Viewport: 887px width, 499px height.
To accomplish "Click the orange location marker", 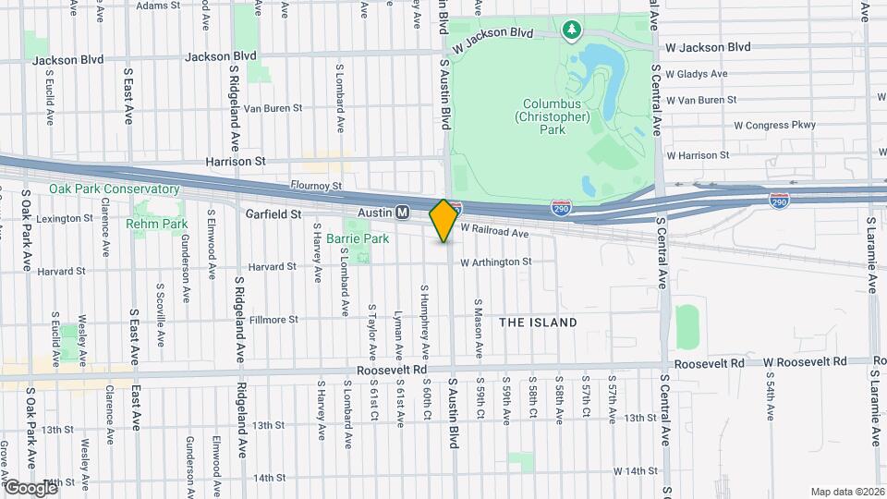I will (443, 220).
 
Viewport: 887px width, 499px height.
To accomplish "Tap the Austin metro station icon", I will (403, 213).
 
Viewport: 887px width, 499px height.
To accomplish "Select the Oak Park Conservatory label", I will (101, 189).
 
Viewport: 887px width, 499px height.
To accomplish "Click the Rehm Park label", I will (157, 224).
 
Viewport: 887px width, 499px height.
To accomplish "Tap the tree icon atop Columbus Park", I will (573, 30).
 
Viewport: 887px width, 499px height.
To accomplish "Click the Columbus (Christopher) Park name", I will (552, 117).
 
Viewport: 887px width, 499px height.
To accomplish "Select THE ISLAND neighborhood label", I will (538, 323).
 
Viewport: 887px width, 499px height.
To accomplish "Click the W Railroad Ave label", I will (494, 230).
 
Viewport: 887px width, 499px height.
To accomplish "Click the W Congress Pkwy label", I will (775, 125).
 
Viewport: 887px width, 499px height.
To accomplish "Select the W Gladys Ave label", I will (697, 74).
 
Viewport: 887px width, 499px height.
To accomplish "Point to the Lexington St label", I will (64, 219).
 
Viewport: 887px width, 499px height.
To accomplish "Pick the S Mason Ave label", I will (479, 328).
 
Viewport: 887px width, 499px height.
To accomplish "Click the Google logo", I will (30, 487).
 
